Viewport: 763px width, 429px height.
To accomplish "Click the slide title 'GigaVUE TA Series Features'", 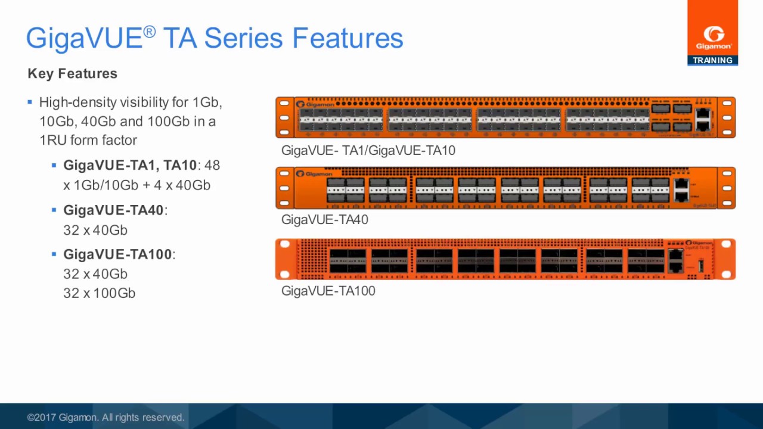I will point(215,38).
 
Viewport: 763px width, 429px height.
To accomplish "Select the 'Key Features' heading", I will point(72,74).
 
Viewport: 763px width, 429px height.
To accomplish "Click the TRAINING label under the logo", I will point(712,60).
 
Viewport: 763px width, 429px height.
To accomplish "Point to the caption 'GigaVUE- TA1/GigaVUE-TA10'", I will point(368,151).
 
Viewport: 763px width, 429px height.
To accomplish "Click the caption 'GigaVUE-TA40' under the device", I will point(324,220).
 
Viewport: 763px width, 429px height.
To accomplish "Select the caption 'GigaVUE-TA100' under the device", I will point(328,291).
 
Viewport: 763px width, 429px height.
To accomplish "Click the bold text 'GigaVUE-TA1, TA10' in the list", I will point(130,166).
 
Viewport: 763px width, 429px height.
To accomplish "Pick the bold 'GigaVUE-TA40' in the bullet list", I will point(113,210).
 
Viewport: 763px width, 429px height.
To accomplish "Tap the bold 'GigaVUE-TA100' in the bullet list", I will point(117,254).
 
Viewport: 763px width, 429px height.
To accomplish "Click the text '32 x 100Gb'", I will point(99,293).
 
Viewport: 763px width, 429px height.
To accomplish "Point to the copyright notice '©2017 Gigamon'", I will point(106,418).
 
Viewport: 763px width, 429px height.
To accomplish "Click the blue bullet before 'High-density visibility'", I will point(30,102).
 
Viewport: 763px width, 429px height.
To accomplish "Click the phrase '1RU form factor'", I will point(88,141).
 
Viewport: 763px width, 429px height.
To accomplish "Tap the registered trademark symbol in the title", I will point(149,32).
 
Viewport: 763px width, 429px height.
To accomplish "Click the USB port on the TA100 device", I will point(701,265).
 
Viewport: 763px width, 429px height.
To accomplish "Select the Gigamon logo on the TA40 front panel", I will point(315,174).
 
